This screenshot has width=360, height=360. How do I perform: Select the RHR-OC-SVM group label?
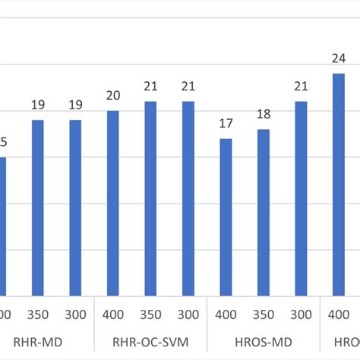pos(150,342)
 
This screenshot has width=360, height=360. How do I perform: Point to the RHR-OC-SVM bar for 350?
pos(150,198)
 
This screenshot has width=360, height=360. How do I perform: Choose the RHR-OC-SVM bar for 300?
pos(188,198)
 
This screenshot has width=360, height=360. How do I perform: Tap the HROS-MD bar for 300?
pos(301,198)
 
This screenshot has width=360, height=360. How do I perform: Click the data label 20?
pos(112,96)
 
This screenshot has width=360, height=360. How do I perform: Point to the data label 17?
pos(226,124)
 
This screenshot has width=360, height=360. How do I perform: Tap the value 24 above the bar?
pos(338,58)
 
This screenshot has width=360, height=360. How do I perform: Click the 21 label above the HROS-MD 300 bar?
pos(301,87)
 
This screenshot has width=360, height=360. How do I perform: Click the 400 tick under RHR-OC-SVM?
pos(112,314)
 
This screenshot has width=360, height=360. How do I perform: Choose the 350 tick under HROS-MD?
pos(263,314)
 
